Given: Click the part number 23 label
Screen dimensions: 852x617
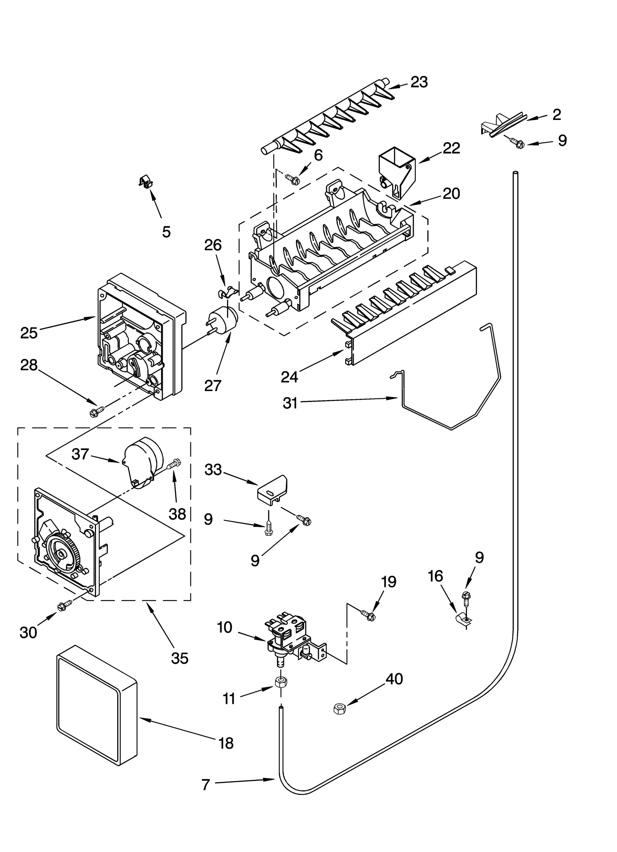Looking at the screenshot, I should click(x=419, y=82).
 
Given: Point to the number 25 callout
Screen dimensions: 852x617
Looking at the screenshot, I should click(x=29, y=332).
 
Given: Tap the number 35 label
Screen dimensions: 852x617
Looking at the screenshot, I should click(x=180, y=658).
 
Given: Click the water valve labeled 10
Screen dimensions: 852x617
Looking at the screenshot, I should click(x=291, y=636).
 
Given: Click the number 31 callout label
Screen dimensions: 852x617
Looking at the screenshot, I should click(x=290, y=403).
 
